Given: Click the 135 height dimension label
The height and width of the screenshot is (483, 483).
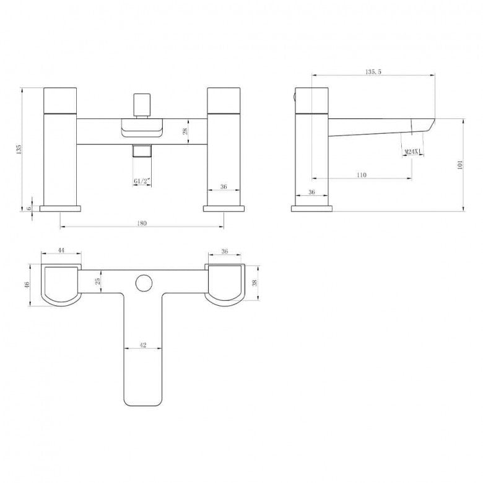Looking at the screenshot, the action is (19, 149).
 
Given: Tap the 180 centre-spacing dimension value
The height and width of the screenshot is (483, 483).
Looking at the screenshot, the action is (142, 223).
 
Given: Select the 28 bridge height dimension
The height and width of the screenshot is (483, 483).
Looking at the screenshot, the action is (185, 131).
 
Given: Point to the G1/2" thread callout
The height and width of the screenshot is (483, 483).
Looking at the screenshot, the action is (142, 181).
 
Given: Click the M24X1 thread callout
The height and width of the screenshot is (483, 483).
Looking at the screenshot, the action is (413, 152).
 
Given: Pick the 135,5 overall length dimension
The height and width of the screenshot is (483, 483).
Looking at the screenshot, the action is (373, 72).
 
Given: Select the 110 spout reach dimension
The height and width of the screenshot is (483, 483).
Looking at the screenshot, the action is (362, 175).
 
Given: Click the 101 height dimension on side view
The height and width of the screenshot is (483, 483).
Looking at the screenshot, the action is (460, 165).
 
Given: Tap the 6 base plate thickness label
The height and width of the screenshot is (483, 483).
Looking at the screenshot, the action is (29, 208).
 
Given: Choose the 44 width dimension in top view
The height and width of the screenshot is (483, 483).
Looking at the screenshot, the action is (61, 250).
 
